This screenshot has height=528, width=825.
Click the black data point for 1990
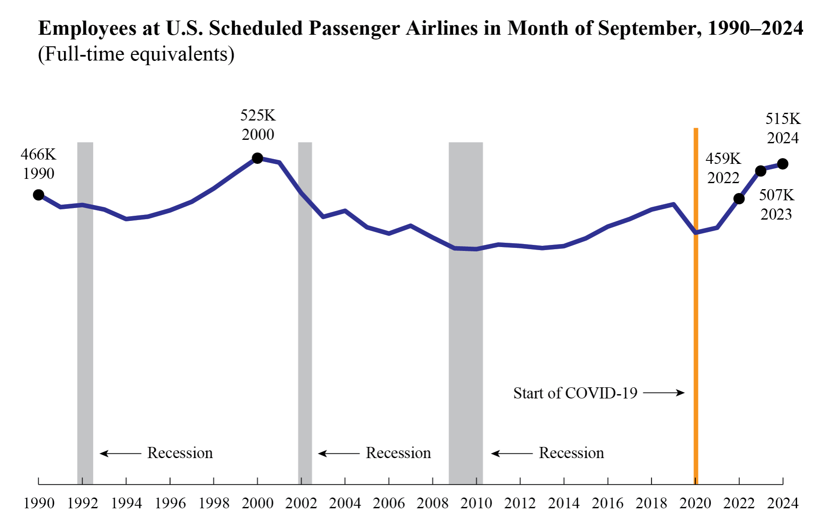pyautogui.click(x=39, y=195)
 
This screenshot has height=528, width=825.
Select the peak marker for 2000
pyautogui.click(x=257, y=158)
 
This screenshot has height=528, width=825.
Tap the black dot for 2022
pyautogui.click(x=739, y=199)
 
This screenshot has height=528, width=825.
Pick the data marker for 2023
pyautogui.click(x=761, y=171)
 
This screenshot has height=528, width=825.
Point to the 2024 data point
pyautogui.click(x=783, y=164)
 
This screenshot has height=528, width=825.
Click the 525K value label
pyautogui.click(x=258, y=115)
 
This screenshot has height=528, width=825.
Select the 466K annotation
pyautogui.click(x=39, y=154)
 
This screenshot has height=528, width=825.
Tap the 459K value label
pyautogui.click(x=723, y=159)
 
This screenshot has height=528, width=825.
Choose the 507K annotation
pyautogui.click(x=776, y=195)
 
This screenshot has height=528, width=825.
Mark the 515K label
pyautogui.click(x=783, y=119)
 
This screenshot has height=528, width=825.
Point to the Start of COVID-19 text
pyautogui.click(x=575, y=393)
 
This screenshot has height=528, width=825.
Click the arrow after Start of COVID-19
pyautogui.click(x=664, y=392)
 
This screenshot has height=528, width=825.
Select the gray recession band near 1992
pyautogui.click(x=85, y=300)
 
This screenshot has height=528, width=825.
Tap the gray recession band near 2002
pyautogui.click(x=305, y=300)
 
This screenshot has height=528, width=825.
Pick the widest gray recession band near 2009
pyautogui.click(x=466, y=300)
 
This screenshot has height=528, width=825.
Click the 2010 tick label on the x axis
pyautogui.click(x=476, y=503)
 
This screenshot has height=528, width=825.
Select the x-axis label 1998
pyautogui.click(x=214, y=503)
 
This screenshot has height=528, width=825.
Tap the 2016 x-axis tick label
pyautogui.click(x=607, y=503)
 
